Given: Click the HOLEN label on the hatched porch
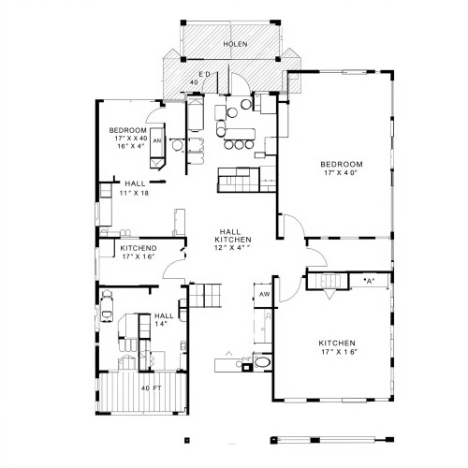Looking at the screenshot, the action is [235, 44].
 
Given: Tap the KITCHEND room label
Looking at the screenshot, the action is [139, 248].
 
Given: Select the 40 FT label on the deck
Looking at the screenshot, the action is [151, 388].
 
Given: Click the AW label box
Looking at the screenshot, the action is [265, 294].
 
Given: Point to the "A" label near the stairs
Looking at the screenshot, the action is [369, 281].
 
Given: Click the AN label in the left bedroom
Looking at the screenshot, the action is [157, 140].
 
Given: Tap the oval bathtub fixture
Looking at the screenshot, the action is [263, 362].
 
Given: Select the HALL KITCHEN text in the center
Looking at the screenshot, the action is [233, 236].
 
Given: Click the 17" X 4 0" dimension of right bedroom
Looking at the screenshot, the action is [340, 172].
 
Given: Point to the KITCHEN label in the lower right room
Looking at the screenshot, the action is [337, 344].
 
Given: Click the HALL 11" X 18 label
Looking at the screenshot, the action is [135, 188].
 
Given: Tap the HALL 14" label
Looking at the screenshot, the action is [164, 319].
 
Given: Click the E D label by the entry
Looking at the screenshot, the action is [205, 74].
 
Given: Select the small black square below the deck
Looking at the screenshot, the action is [187, 440].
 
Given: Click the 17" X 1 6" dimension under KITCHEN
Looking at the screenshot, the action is [339, 352].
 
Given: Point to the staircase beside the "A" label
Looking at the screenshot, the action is [328, 281].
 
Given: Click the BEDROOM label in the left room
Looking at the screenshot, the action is [127, 130].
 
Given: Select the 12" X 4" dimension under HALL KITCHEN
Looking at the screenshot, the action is [233, 248].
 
